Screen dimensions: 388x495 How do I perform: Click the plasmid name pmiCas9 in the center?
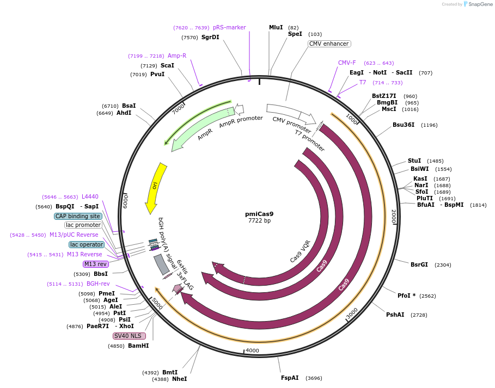pos(259,214)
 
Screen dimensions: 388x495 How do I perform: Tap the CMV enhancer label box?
pos(329,44)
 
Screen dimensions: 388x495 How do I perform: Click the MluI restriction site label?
pos(276,27)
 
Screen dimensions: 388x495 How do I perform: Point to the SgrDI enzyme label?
pos(210,38)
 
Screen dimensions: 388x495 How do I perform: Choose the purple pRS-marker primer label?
pos(229,27)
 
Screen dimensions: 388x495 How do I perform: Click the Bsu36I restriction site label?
pos(404,125)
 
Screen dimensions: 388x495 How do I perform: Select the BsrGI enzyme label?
pos(419,264)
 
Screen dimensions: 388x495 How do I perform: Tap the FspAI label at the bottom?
pos(290,378)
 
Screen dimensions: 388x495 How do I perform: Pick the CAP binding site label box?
pos(78,216)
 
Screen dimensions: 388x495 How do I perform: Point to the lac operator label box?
pos(87,244)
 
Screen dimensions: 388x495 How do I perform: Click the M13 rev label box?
pos(95,264)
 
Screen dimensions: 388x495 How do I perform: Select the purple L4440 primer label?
pos(90,196)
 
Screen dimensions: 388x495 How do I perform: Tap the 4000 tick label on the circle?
pos(252,350)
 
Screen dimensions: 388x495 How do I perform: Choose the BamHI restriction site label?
pos(138,346)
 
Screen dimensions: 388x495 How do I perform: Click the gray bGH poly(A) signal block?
pos(162,264)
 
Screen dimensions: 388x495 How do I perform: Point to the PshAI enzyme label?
pos(395,315)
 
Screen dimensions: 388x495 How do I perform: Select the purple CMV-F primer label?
pos(347,63)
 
